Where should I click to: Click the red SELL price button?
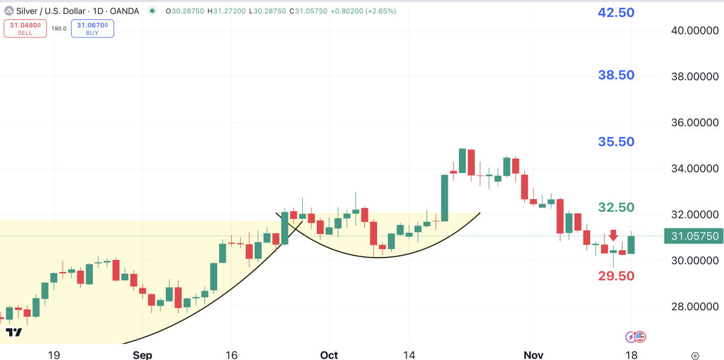tap(25, 28)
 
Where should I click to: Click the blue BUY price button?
tap(92, 28)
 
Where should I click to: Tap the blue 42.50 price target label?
tap(616, 12)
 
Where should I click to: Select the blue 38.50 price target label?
tap(616, 75)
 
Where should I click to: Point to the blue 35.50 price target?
tap(616, 142)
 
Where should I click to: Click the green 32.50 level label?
tap(616, 207)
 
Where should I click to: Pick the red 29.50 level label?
tap(616, 276)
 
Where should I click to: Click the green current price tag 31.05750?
tap(693, 236)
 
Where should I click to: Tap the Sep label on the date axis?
tap(142, 355)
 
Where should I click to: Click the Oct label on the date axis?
tap(329, 355)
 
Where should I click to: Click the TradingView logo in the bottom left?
tap(14, 332)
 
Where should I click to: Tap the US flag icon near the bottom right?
tap(640, 337)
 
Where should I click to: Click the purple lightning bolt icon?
tap(630, 337)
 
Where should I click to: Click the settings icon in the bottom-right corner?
tap(695, 356)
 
